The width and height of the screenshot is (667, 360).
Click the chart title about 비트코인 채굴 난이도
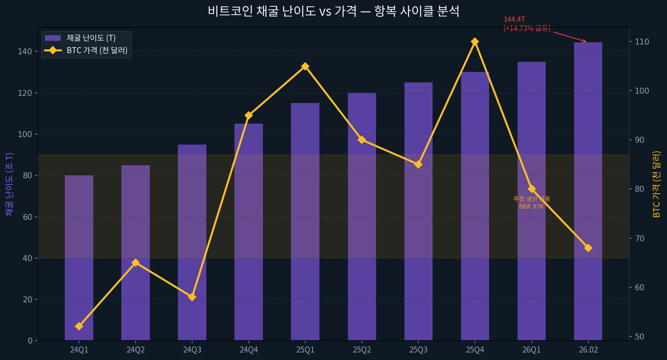point(333,11)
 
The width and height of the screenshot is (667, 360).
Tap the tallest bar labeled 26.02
point(588,191)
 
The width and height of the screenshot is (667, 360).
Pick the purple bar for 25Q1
point(305,221)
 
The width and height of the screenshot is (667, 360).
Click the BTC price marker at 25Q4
point(475,42)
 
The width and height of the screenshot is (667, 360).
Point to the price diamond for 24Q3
point(192,297)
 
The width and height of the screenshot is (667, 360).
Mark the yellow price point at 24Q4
point(249,115)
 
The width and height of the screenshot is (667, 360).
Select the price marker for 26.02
point(588,248)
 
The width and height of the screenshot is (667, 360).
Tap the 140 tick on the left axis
point(25,52)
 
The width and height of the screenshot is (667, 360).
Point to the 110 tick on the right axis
point(642,42)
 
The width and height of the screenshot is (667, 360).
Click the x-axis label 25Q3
point(418,350)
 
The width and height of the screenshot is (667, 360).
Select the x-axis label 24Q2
point(136,350)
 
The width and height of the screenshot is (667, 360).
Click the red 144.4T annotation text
point(514,19)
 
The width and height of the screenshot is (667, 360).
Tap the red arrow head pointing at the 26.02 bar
point(585,42)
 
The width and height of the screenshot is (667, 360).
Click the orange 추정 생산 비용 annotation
point(531,199)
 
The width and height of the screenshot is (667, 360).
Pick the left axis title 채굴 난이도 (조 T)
point(9,184)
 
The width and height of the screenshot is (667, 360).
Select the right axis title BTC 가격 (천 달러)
point(657,184)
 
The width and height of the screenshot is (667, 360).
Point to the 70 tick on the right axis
point(639,238)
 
